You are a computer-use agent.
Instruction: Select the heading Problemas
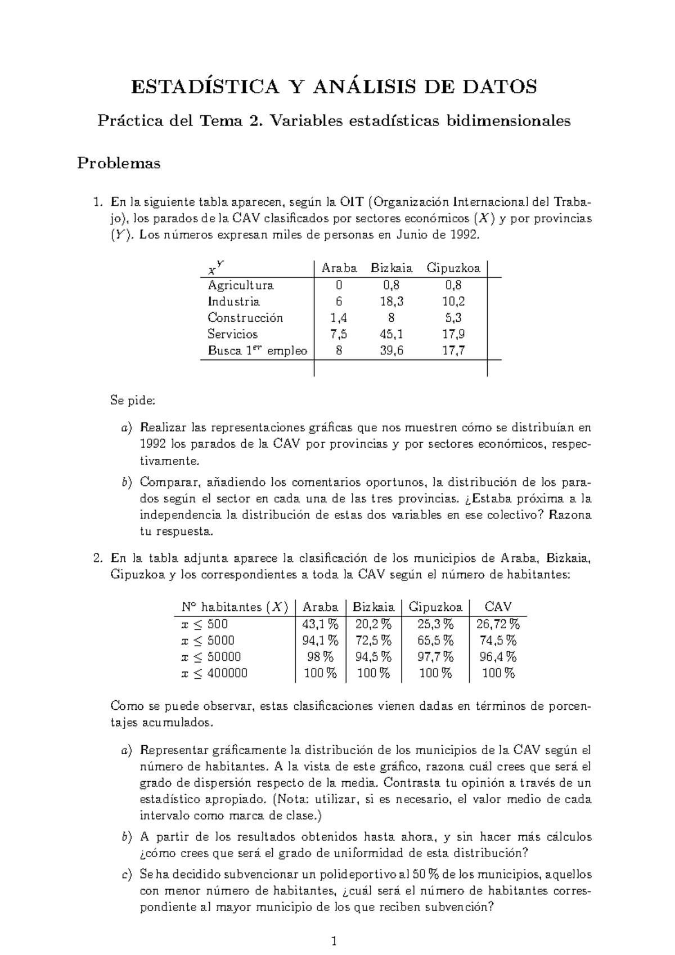coord(119,164)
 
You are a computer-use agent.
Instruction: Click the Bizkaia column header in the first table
coord(391,268)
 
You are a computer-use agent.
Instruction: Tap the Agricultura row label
coord(240,285)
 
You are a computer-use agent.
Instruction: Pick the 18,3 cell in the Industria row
coord(391,301)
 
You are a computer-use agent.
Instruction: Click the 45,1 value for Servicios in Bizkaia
coord(391,334)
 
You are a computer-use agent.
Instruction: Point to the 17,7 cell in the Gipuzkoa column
coord(453,350)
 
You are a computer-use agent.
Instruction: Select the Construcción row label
coord(245,318)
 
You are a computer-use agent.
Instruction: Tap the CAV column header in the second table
coord(498,607)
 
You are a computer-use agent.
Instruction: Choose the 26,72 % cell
coord(498,624)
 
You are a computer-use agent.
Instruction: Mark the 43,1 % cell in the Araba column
coord(320,624)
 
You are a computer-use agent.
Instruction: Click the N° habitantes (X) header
coord(235,607)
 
